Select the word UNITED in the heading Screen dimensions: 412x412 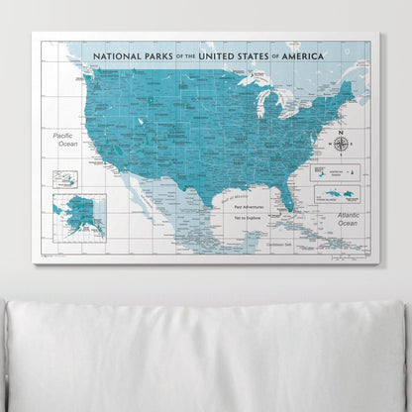[220, 56]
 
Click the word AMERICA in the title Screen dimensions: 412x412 [323, 56]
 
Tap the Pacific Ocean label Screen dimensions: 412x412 [67, 139]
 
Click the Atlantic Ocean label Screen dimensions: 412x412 [348, 219]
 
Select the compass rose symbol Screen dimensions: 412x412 [342, 144]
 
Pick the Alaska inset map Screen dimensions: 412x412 [79, 214]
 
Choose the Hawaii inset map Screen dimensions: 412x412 [65, 179]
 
